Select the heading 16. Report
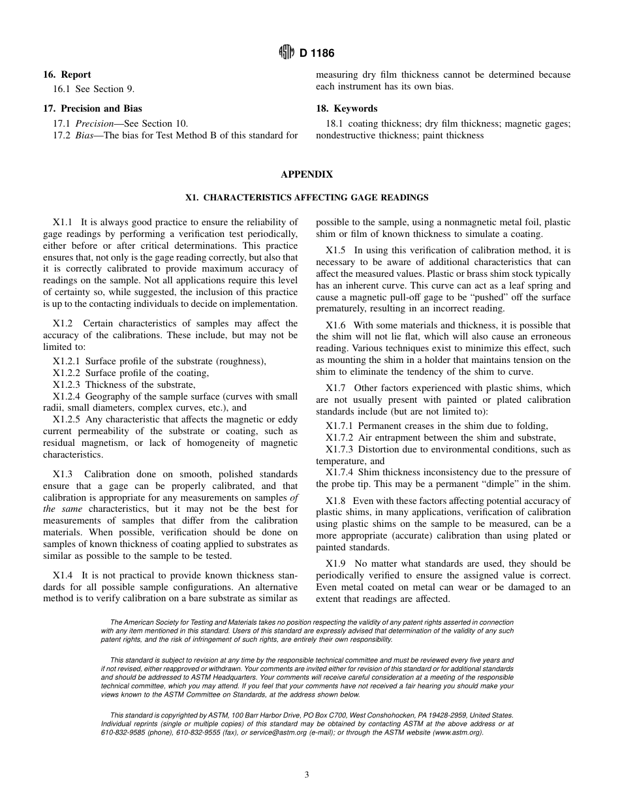coord(67,74)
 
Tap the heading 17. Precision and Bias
coord(92,108)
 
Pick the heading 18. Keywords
coord(347,108)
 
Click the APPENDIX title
coord(307,174)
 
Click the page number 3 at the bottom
coord(307,775)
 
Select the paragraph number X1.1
coord(63,223)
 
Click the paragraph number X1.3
coord(63,474)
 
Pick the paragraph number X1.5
coord(335,250)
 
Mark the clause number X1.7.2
coord(339,437)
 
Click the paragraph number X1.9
coord(335,563)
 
